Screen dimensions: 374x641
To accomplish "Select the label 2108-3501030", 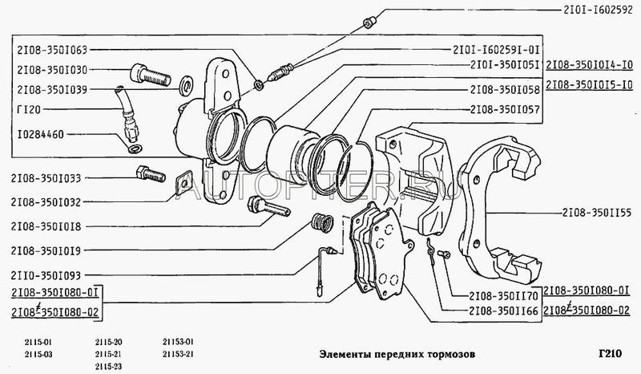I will (50, 70).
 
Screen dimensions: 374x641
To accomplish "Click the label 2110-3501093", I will (50, 274).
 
